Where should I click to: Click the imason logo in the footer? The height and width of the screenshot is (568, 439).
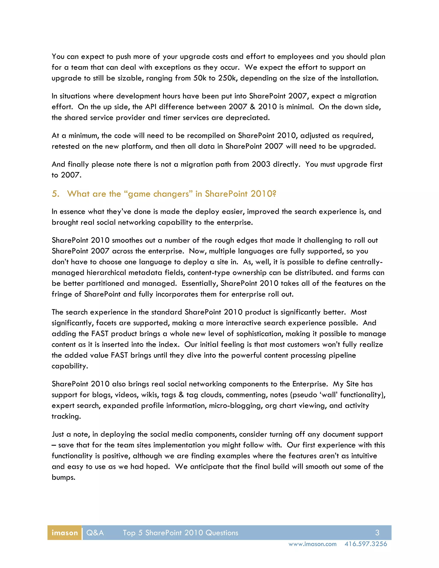click(x=65, y=533)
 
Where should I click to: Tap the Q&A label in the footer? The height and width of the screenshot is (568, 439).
click(x=95, y=533)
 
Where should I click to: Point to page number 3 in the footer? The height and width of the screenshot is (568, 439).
click(x=377, y=533)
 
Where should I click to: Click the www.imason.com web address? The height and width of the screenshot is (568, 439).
click(x=312, y=544)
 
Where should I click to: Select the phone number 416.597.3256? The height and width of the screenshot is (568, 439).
click(x=366, y=544)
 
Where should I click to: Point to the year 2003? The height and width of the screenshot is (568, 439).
click(x=261, y=164)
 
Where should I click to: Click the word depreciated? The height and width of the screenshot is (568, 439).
click(x=247, y=118)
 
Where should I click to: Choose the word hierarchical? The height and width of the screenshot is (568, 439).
click(x=106, y=273)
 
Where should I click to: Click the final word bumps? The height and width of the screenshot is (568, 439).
click(x=63, y=478)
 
